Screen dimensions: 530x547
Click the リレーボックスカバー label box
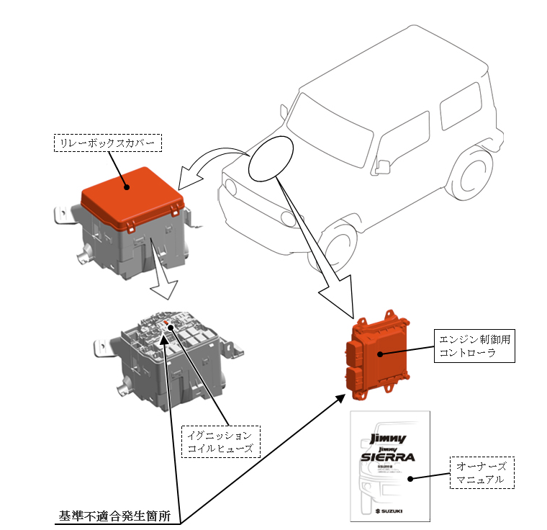(x=108, y=142)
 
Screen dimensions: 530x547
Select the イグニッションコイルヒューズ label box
(x=220, y=441)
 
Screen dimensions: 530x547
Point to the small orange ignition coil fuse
(x=167, y=324)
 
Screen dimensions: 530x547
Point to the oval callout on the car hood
(x=272, y=158)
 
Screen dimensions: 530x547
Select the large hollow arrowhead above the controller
(x=337, y=296)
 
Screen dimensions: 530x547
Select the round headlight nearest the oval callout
(x=230, y=187)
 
